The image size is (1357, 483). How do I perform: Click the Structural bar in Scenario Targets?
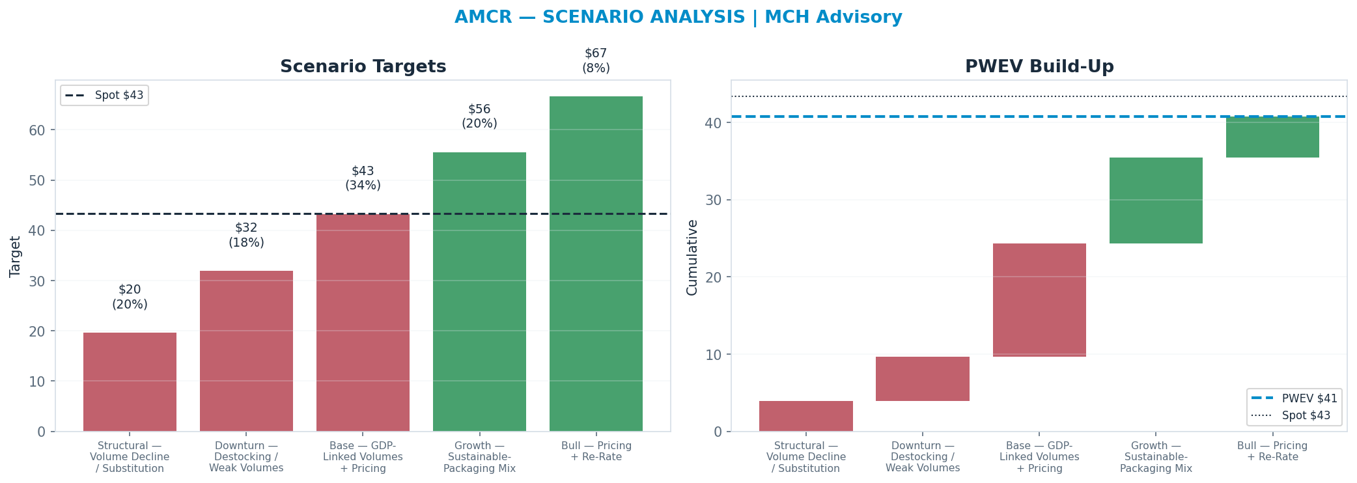point(130,382)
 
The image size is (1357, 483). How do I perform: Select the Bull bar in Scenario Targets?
point(596,264)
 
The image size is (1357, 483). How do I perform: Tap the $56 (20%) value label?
point(479,117)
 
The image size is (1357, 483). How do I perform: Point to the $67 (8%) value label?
point(596,61)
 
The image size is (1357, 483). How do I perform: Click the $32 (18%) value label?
point(246,235)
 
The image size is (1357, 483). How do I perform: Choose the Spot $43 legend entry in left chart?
point(105,95)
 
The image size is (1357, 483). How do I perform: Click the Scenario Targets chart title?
point(363,67)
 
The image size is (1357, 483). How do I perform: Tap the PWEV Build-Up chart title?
point(1039,67)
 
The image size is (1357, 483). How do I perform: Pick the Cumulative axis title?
point(692,257)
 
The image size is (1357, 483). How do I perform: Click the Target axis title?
point(16,256)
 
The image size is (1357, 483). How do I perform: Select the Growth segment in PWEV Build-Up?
point(1156,200)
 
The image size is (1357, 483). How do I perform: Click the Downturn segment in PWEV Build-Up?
point(923,379)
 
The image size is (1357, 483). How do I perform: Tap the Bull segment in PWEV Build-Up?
point(1272,137)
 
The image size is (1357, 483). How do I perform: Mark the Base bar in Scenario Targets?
point(363,323)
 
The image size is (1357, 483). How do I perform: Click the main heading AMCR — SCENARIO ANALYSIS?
point(599,18)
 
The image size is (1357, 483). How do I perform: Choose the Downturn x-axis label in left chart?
point(246,457)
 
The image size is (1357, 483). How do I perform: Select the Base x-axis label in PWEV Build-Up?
point(1039,458)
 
